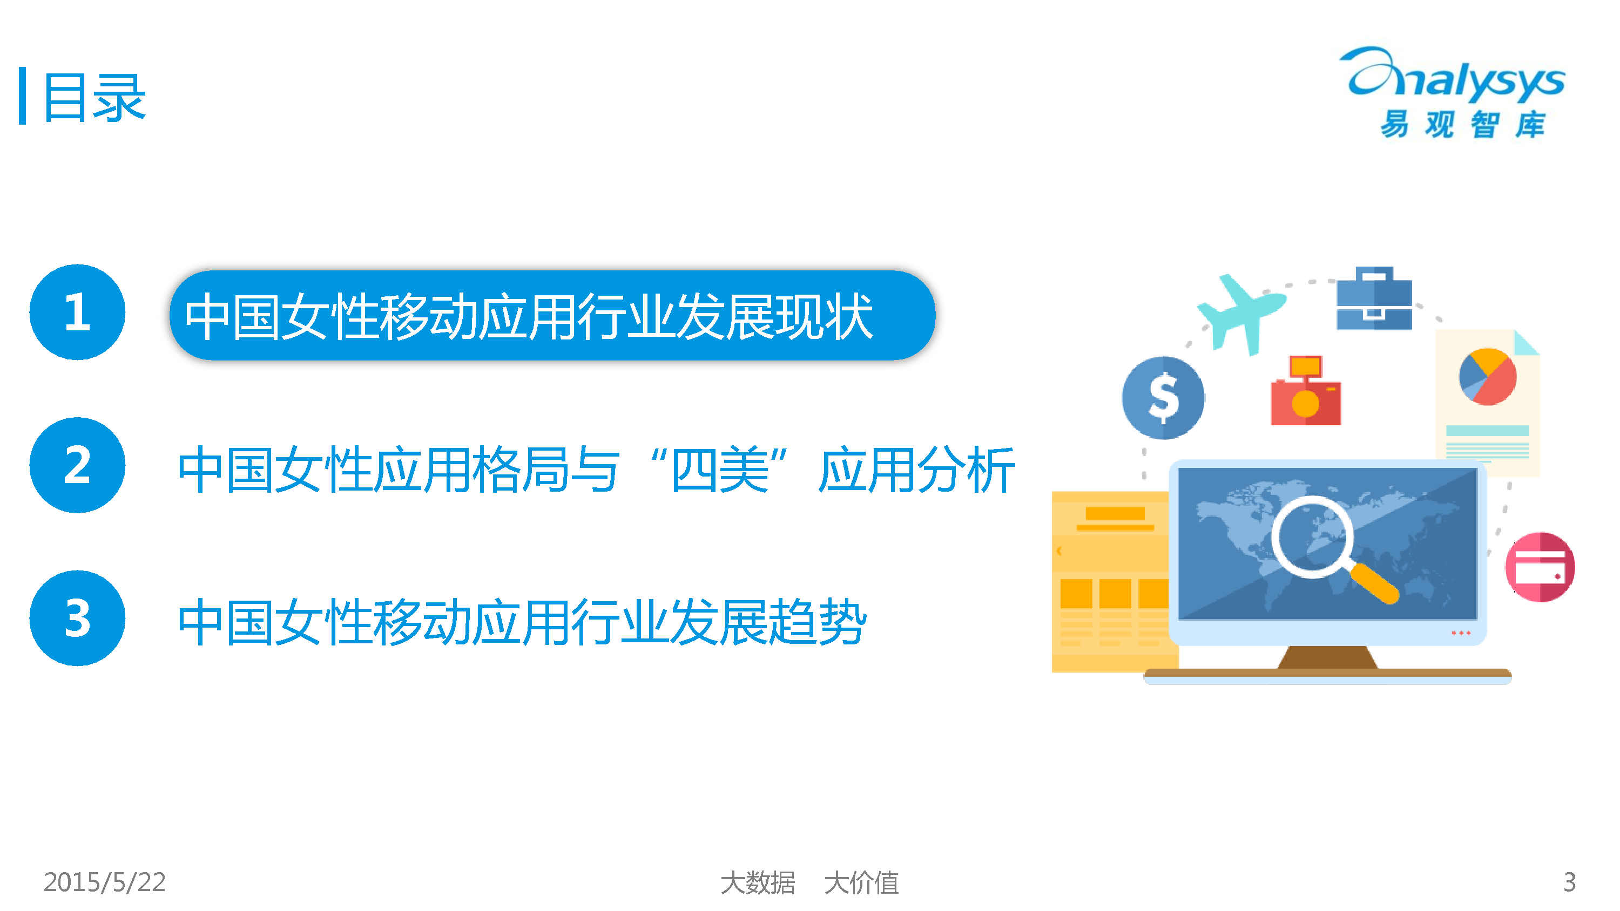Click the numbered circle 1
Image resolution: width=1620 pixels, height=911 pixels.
[x=77, y=312]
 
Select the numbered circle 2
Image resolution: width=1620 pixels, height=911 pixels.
[x=77, y=465]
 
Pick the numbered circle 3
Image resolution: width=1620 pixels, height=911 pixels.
[x=77, y=618]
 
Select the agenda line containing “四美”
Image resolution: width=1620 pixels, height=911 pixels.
[x=596, y=469]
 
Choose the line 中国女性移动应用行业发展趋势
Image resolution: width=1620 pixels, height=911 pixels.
[x=522, y=622]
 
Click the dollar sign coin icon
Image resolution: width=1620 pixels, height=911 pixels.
[x=1164, y=398]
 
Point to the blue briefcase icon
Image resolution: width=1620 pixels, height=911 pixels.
[x=1374, y=298]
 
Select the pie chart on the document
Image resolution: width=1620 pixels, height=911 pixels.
[x=1487, y=377]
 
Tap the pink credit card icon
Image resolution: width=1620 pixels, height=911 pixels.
[x=1540, y=567]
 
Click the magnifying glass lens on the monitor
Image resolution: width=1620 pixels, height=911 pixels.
[x=1313, y=537]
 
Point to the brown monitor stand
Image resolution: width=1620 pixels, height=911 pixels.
[x=1327, y=658]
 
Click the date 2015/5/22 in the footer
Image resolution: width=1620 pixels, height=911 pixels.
[x=104, y=882]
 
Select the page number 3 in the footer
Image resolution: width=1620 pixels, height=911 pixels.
[x=1570, y=882]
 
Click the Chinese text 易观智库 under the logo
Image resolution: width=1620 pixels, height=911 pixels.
[x=1463, y=124]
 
